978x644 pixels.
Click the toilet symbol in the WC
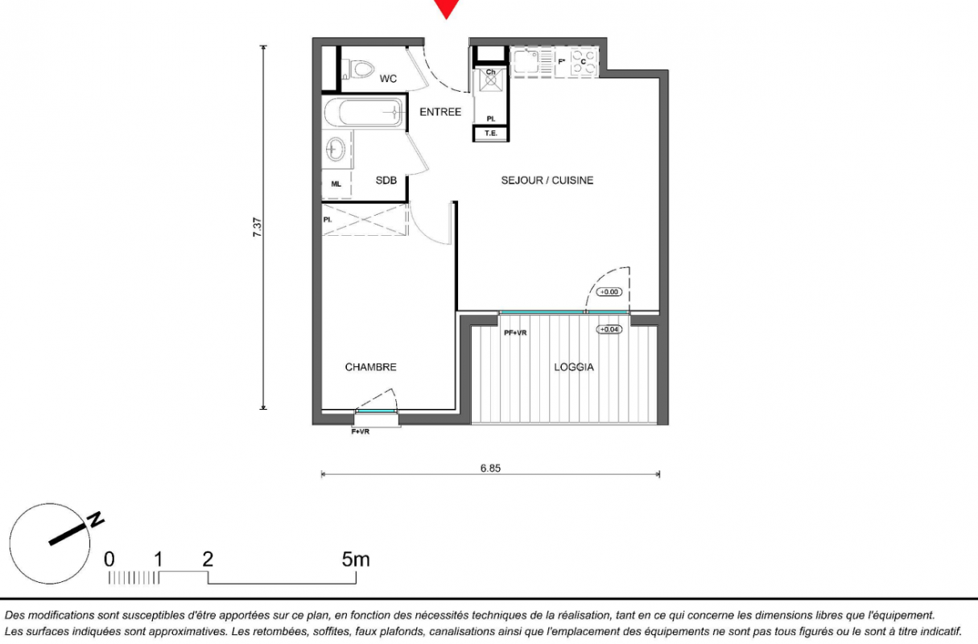tap(359, 70)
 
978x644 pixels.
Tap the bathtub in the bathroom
tap(363, 112)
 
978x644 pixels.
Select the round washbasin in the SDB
tap(336, 149)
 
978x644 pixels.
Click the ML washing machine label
tap(336, 184)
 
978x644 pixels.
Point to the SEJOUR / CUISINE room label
tap(547, 180)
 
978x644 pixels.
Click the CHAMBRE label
tap(371, 367)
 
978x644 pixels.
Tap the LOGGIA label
tap(574, 367)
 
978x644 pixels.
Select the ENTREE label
tap(440, 112)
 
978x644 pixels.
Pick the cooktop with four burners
tap(584, 63)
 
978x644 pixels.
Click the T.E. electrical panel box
tap(491, 134)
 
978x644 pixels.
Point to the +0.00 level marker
tap(609, 291)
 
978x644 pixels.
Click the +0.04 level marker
tap(609, 329)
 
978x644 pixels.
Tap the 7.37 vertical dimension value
tap(257, 228)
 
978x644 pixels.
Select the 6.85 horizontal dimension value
tap(490, 468)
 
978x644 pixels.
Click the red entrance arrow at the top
tap(446, 7)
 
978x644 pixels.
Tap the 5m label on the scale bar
tap(356, 559)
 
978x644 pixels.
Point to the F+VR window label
tap(360, 431)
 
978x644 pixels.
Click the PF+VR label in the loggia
tap(515, 332)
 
